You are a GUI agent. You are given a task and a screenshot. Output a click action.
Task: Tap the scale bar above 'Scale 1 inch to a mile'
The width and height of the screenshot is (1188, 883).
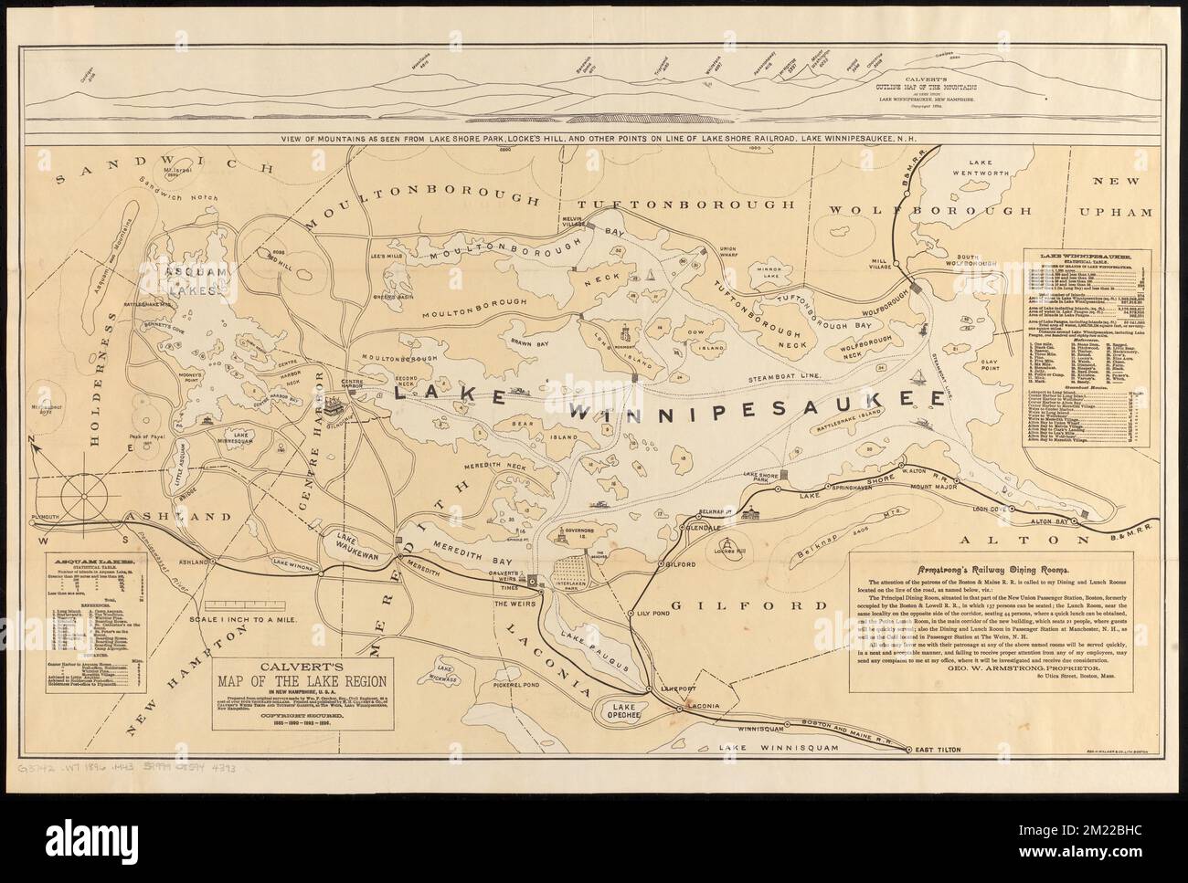click(239, 604)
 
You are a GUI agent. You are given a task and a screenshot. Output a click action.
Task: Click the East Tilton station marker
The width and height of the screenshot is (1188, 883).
click(907, 750)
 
